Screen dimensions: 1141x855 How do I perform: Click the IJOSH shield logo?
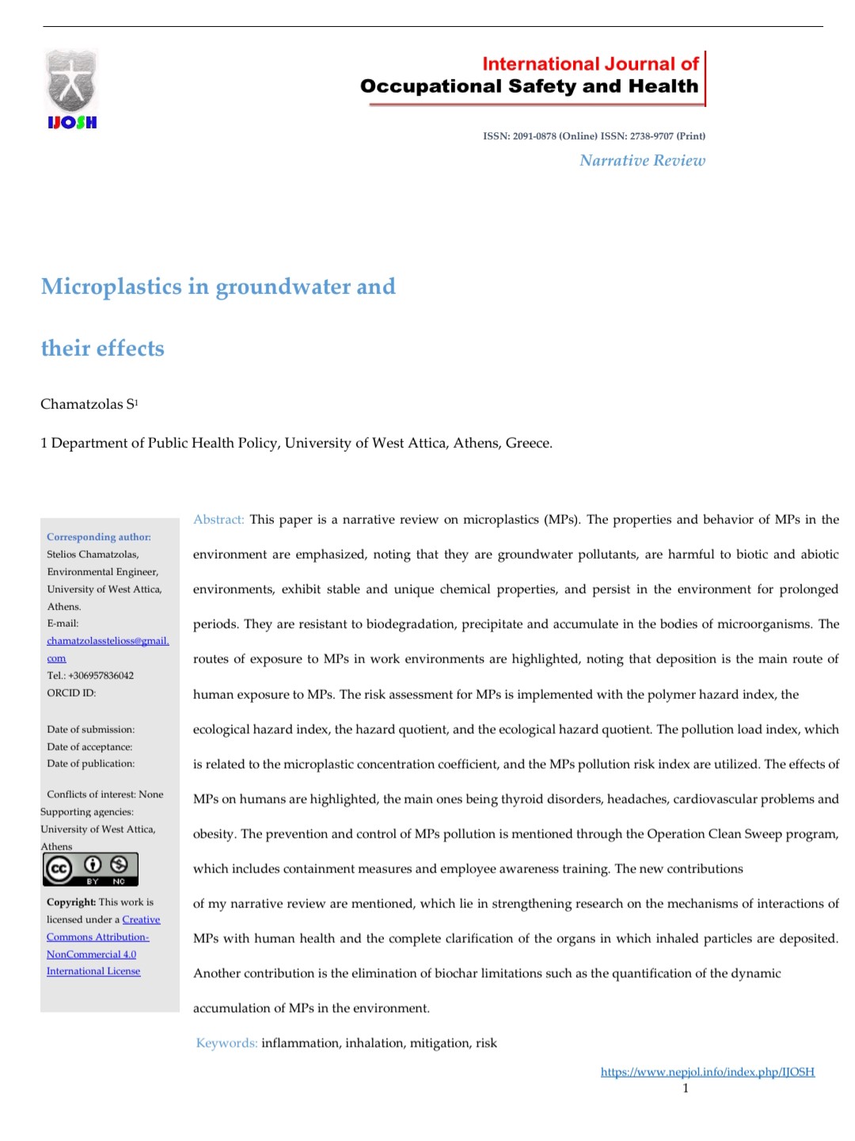coord(71,88)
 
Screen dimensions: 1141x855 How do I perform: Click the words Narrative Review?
coord(642,161)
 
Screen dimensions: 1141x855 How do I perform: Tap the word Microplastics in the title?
coord(112,286)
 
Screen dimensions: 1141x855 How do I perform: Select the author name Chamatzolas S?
coord(89,404)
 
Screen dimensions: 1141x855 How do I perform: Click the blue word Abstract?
coord(218,520)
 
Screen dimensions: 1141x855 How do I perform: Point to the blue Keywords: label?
coord(226,1043)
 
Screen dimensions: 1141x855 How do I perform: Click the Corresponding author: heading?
coord(99,537)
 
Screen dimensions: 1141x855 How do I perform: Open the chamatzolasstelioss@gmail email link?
coord(108,641)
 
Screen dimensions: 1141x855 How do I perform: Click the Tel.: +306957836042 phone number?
coord(90,676)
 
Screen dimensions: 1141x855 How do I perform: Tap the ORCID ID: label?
coord(71,693)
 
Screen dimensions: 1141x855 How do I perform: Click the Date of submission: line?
coord(91,730)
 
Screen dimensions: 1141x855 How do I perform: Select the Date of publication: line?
coord(91,764)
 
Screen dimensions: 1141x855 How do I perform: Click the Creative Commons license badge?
coord(90,869)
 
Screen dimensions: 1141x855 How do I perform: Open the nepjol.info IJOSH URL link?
coord(707,1072)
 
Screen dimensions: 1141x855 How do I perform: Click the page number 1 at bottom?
coord(686,1089)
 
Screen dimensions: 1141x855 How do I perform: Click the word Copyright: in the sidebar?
coord(71,902)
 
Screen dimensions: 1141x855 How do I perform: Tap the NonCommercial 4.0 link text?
coord(91,955)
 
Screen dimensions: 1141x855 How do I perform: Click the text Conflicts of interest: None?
coord(105,795)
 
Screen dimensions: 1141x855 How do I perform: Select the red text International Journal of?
coord(590,64)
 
